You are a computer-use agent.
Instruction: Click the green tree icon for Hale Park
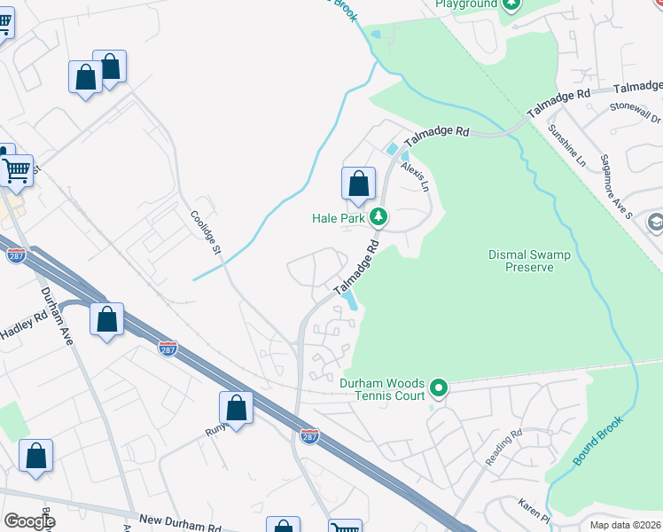pyautogui.click(x=378, y=216)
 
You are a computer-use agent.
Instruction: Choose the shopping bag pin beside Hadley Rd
pyautogui.click(x=106, y=320)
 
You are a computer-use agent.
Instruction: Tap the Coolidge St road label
pyautogui.click(x=206, y=233)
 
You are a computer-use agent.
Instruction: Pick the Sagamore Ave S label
pyautogui.click(x=615, y=198)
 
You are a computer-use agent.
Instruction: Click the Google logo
pyautogui.click(x=28, y=521)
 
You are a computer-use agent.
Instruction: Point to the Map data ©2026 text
pyautogui.click(x=625, y=525)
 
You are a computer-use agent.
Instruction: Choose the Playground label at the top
pyautogui.click(x=466, y=4)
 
